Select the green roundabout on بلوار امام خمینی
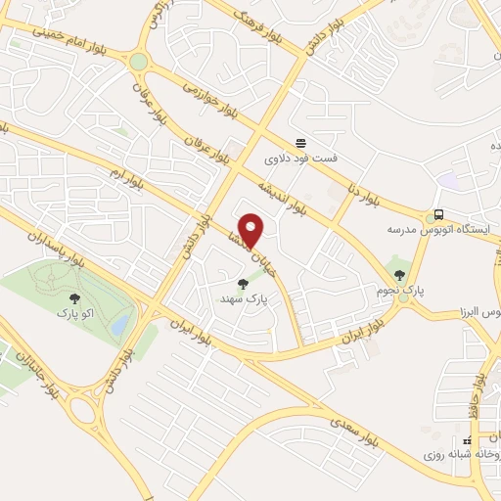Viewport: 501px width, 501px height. [x=138, y=62]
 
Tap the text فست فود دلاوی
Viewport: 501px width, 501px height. [x=296, y=157]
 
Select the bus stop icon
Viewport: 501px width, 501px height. [x=437, y=214]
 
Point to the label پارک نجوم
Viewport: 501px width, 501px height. [x=398, y=290]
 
